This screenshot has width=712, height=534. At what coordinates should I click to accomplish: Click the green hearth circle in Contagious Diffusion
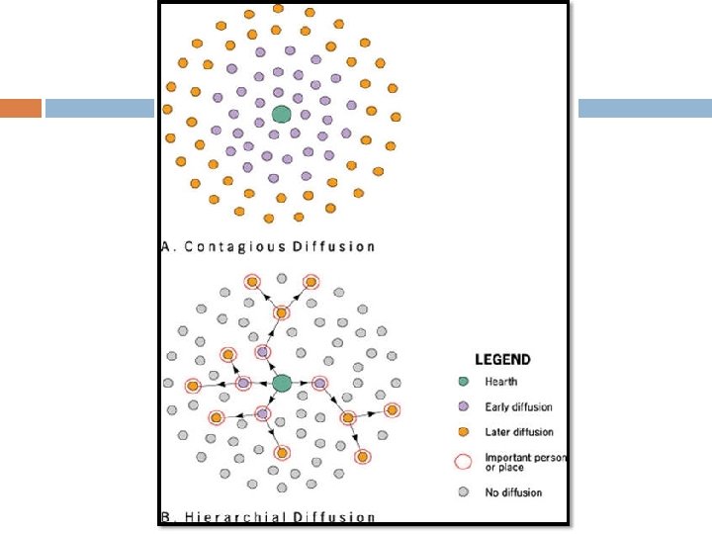click(x=281, y=114)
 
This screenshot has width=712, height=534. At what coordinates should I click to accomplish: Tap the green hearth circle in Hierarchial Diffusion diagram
click(x=282, y=382)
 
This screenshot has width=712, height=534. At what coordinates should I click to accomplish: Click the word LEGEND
click(x=502, y=360)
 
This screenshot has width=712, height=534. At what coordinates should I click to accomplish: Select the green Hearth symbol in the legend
click(x=462, y=382)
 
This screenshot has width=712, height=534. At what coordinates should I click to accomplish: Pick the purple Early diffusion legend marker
click(x=462, y=406)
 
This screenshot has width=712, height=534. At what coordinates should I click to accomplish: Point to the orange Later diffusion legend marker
click(x=462, y=431)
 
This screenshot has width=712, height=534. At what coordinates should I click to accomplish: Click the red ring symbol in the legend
click(x=462, y=461)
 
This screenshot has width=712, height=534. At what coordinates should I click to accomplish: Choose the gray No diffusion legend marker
click(x=462, y=491)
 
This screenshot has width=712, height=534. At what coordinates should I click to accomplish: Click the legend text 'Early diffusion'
click(x=518, y=406)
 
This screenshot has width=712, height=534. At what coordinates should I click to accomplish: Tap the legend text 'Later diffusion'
click(x=518, y=431)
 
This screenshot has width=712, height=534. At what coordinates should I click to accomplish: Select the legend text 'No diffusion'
click(x=513, y=491)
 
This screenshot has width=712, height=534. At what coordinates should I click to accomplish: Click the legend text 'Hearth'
click(x=500, y=382)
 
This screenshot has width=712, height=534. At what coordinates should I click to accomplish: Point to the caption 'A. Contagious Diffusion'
click(x=268, y=246)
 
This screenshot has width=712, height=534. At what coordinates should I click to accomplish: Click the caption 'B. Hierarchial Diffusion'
click(x=268, y=516)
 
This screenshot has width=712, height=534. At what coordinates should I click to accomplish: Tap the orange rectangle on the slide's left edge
click(x=20, y=108)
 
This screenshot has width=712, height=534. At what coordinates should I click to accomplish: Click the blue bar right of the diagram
click(x=644, y=108)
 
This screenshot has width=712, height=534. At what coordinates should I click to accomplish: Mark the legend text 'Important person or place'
click(x=525, y=462)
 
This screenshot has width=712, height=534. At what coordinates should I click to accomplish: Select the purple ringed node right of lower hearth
click(x=319, y=383)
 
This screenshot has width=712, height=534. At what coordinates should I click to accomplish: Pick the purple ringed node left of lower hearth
click(x=243, y=383)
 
